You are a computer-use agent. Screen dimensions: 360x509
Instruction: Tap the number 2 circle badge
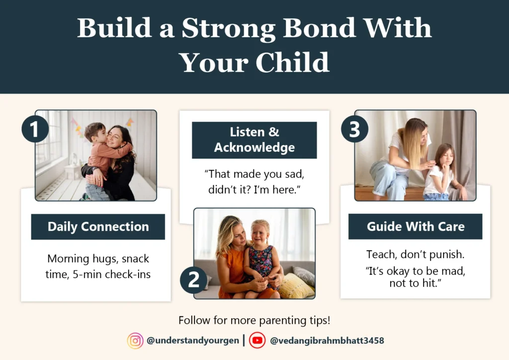(x=193, y=280)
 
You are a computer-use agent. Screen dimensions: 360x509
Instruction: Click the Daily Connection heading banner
(x=98, y=227)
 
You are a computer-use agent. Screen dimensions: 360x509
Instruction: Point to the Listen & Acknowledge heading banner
(x=254, y=140)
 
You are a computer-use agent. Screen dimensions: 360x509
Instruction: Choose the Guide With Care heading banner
(x=415, y=227)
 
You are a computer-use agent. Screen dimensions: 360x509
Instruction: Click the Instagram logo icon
(x=135, y=341)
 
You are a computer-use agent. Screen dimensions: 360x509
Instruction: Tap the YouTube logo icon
(x=257, y=341)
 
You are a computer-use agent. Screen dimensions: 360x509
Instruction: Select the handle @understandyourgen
(x=192, y=341)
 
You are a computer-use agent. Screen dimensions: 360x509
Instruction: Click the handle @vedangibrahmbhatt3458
(x=327, y=341)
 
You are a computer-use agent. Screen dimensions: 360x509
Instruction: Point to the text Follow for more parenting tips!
(x=254, y=320)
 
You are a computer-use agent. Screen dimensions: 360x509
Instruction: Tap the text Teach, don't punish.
(x=415, y=255)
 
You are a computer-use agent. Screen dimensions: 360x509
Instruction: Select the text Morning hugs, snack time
(x=98, y=266)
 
